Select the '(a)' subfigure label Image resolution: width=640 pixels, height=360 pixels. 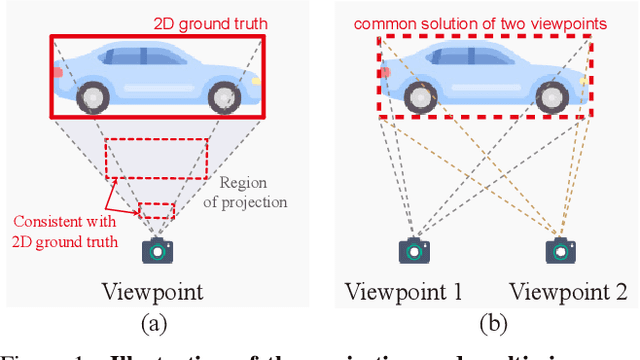[153, 322]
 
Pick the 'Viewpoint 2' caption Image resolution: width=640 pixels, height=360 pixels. [566, 292]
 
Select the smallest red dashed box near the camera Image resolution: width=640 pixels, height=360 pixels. [156, 210]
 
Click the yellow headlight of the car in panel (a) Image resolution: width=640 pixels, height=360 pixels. [258, 78]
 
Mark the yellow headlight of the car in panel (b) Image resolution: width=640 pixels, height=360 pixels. [583, 78]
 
